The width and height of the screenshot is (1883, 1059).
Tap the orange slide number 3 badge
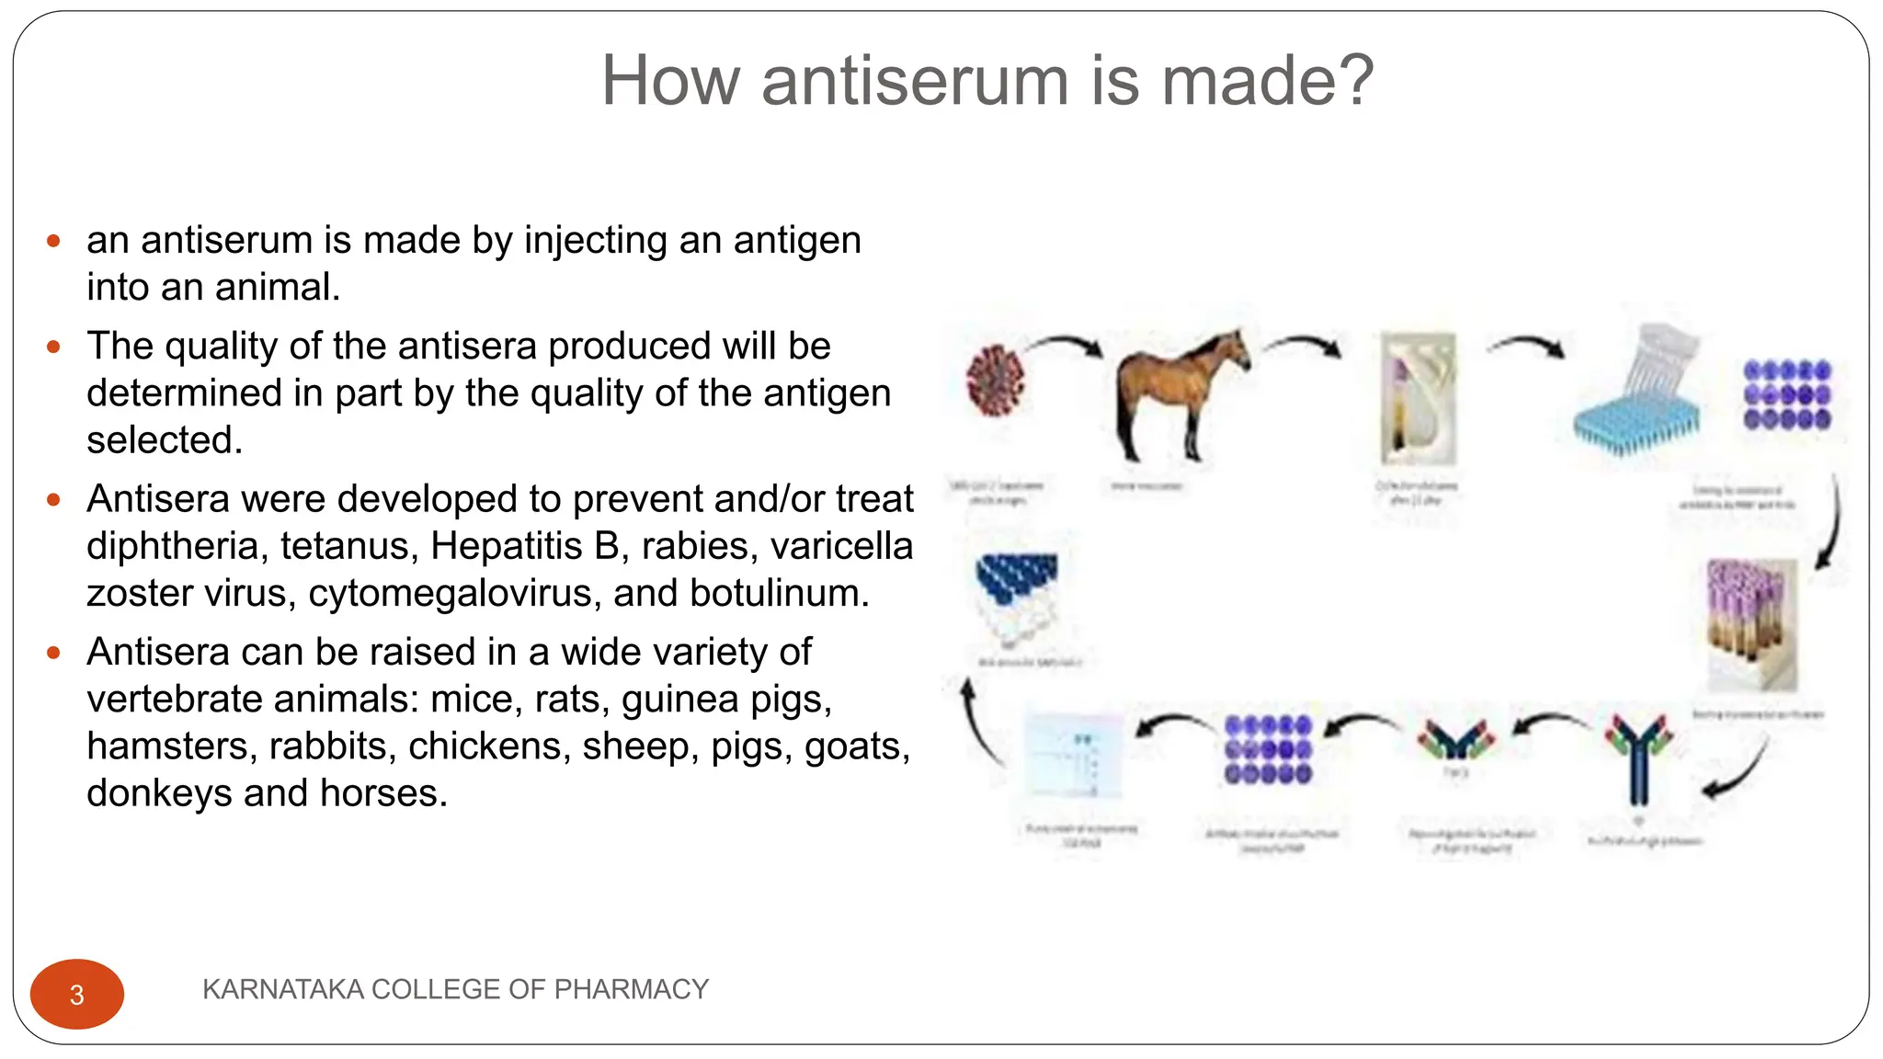(x=77, y=994)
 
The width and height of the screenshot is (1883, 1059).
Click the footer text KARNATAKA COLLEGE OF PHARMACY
(x=455, y=989)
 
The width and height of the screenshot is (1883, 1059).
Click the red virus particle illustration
(x=995, y=380)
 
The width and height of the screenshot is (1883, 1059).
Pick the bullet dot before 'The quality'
(x=53, y=347)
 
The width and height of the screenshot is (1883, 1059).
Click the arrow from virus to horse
(x=1065, y=344)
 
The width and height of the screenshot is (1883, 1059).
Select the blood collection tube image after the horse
(x=1418, y=399)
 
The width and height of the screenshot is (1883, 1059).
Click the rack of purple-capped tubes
(x=1752, y=623)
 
